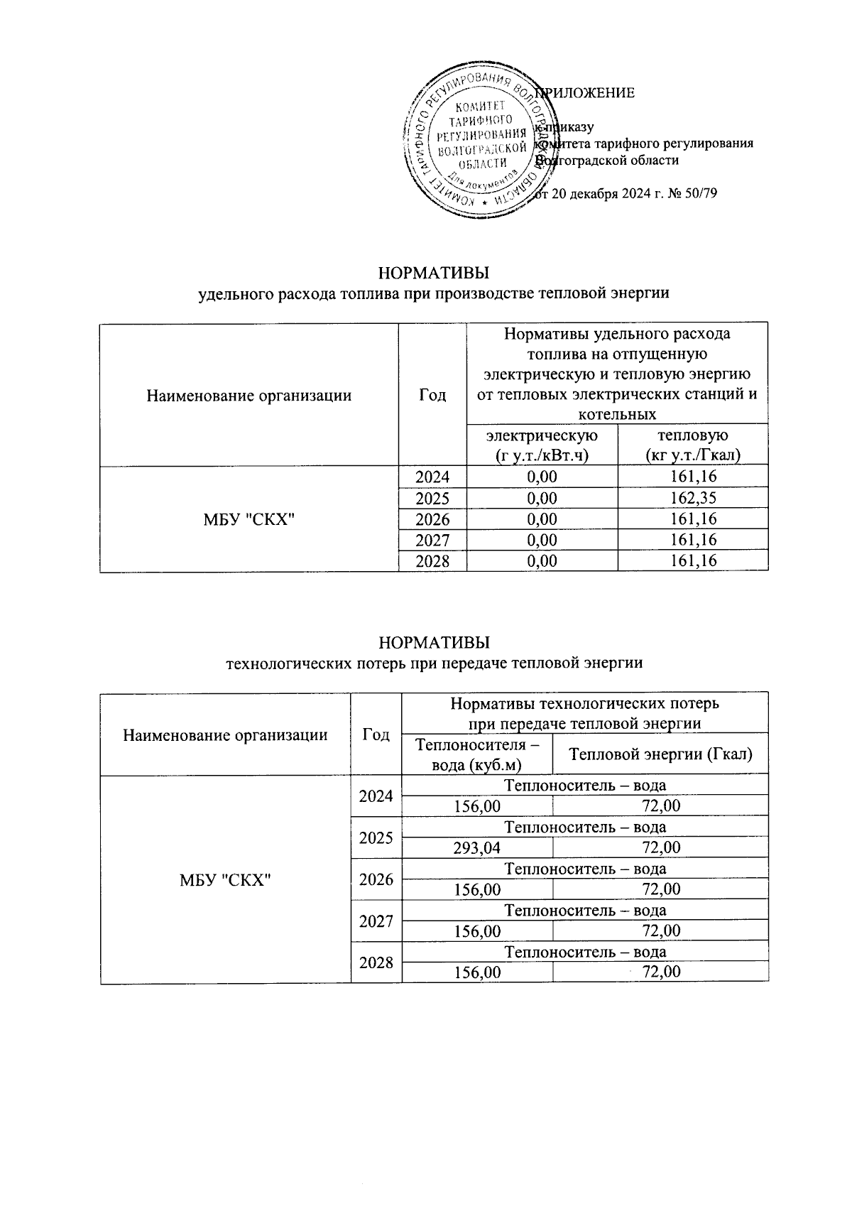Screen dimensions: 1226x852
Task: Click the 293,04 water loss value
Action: point(476,847)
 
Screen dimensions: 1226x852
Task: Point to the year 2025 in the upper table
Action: point(432,498)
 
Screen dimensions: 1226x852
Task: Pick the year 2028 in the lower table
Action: point(376,962)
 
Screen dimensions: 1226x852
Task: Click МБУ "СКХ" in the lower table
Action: point(226,879)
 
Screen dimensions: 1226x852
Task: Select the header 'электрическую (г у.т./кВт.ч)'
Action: point(542,445)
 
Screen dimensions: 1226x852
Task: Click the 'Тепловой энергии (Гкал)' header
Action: point(660,754)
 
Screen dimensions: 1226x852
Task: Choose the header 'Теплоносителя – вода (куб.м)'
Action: point(476,754)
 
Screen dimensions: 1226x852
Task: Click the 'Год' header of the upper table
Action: point(432,395)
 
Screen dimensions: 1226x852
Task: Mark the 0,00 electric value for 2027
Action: point(542,540)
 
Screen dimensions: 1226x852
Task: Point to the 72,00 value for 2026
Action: point(660,889)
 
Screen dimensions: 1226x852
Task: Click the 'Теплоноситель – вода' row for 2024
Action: point(584,785)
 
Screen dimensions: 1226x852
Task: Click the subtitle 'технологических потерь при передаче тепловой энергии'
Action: point(434,663)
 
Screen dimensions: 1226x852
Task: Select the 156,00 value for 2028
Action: point(476,972)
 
